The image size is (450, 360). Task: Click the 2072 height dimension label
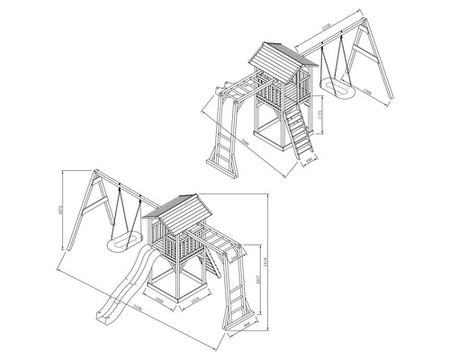click(58, 211)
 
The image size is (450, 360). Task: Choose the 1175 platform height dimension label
click(323, 114)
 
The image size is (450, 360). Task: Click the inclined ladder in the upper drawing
click(301, 136)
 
